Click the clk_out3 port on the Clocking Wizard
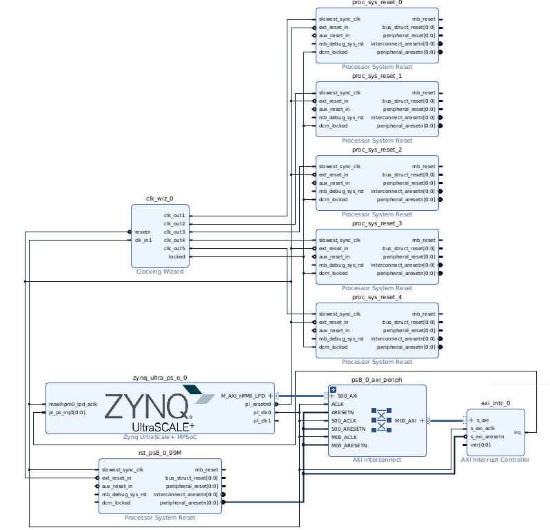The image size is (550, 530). pos(174,232)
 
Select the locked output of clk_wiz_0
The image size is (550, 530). pos(176,256)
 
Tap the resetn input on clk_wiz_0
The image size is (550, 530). pos(143,232)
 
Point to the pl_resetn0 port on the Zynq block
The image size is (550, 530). pos(257,405)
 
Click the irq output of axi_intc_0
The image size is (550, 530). pos(517,433)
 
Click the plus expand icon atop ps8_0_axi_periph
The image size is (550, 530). pos(334,390)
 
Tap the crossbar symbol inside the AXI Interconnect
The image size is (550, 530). pos(380,420)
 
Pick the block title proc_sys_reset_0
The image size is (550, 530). pos(376,3)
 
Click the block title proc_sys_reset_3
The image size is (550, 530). pos(376,224)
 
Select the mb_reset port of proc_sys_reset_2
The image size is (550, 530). pos(423,167)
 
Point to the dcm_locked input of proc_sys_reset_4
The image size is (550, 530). pos(333,347)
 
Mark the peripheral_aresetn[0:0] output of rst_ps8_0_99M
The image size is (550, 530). pos(188,502)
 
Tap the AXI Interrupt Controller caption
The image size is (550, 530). pos(495,460)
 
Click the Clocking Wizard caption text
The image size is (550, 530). pos(160,272)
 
